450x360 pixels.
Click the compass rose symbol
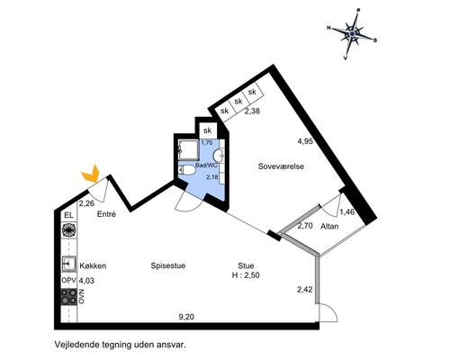click(352, 34)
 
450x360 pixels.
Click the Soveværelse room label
click(281, 166)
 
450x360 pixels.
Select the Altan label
click(329, 226)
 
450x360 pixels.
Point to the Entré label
click(106, 214)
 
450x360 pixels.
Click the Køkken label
click(93, 265)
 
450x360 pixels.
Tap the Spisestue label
click(168, 265)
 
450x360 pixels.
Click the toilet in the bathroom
click(186, 170)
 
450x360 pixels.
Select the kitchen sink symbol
click(68, 264)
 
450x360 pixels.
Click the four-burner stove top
click(68, 297)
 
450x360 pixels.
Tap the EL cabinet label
click(68, 215)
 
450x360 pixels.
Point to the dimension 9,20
click(186, 317)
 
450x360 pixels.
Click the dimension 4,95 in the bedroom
click(305, 141)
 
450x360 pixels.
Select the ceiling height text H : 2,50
click(246, 274)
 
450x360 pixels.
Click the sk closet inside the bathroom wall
click(208, 130)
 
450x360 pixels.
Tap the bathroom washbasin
click(219, 156)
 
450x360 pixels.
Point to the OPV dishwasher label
click(68, 281)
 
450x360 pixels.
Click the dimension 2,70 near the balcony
click(305, 226)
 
